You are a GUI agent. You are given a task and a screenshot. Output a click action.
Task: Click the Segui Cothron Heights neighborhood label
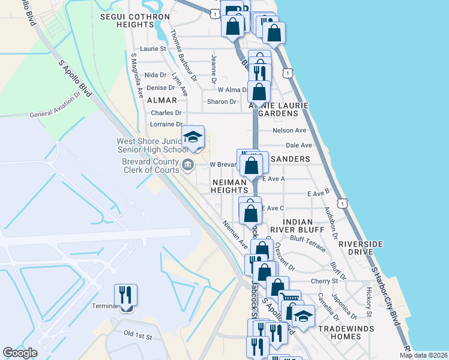(127, 20)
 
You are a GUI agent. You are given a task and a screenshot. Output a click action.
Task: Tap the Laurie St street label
(152, 48)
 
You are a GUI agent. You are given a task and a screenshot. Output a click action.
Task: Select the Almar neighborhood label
(162, 100)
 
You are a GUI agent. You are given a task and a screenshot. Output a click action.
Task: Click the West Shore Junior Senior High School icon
(193, 137)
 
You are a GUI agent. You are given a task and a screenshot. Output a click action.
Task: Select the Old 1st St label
(137, 334)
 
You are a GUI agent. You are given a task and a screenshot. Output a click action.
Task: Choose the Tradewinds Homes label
(346, 333)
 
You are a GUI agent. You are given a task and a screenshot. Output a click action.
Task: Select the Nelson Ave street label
(289, 130)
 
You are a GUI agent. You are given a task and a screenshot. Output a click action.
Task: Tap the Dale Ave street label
(299, 145)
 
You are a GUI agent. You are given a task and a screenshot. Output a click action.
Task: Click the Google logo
(20, 353)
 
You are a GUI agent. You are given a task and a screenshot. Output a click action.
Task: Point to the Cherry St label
(325, 281)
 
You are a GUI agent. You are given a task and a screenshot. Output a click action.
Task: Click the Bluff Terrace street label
(308, 238)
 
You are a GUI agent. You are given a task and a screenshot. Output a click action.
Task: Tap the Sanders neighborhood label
(290, 159)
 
